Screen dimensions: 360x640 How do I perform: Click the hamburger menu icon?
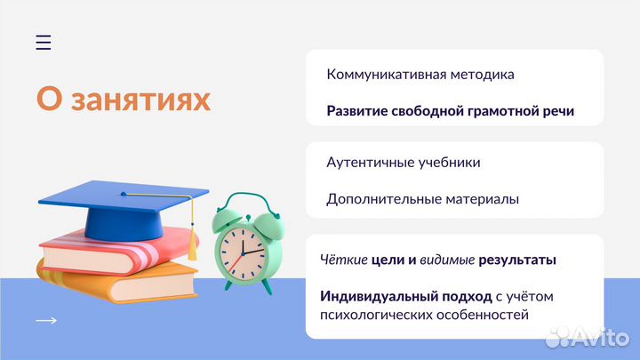pos(44,42)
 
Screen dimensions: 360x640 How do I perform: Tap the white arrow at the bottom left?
pos(46,321)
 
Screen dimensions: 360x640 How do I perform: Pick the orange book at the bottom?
pos(116,280)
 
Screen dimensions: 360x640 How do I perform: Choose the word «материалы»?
pos(481,199)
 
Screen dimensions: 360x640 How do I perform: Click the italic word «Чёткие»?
pos(341,260)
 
